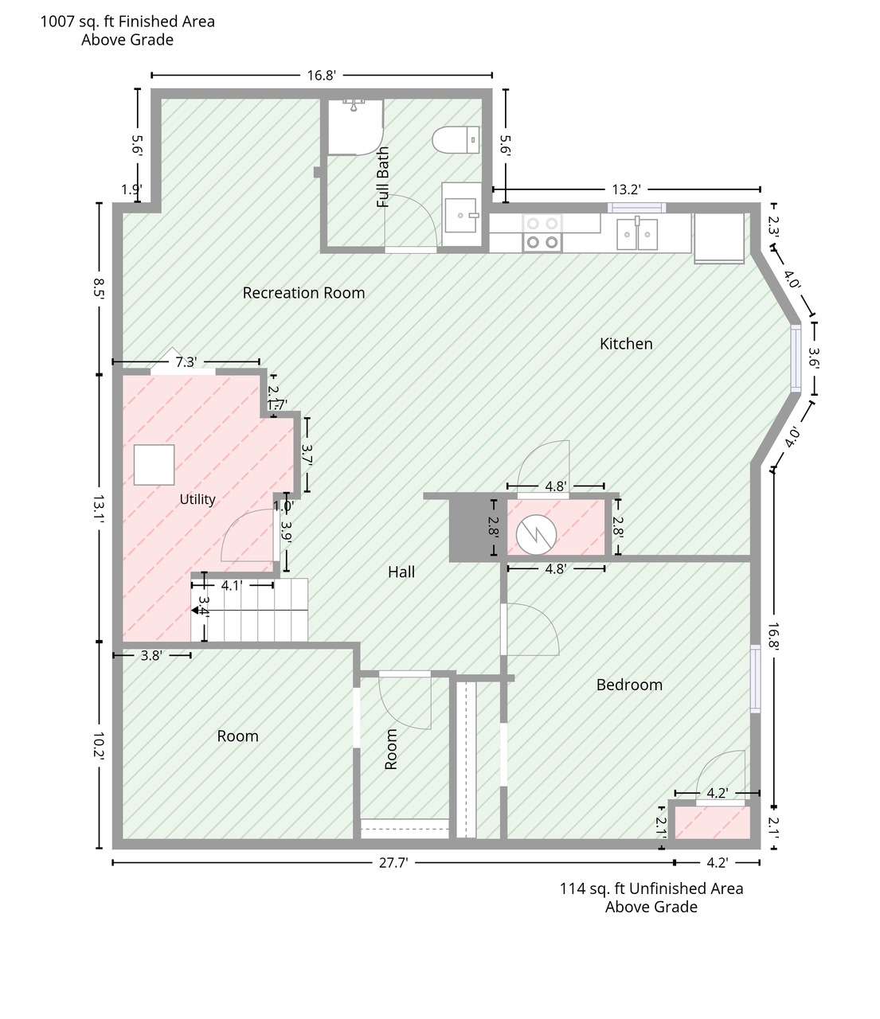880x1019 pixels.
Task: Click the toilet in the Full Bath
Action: point(456,140)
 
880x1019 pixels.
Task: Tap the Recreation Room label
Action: point(303,293)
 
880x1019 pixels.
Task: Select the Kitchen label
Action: point(625,344)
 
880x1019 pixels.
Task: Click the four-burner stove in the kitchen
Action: point(542,232)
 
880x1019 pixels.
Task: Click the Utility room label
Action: point(198,499)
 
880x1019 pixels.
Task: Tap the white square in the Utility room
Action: point(154,465)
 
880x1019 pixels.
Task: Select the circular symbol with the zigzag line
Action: point(536,534)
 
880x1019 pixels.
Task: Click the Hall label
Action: point(401,572)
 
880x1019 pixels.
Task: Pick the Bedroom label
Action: point(629,685)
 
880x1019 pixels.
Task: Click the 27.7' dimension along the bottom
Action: point(393,863)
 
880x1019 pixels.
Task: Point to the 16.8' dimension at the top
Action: point(321,76)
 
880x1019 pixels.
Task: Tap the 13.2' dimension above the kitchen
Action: point(626,189)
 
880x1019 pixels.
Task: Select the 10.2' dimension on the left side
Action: point(99,747)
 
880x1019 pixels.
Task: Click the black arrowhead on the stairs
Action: point(195,611)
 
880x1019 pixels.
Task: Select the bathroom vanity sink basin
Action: point(460,216)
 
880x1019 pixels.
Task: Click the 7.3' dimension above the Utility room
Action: point(186,362)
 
